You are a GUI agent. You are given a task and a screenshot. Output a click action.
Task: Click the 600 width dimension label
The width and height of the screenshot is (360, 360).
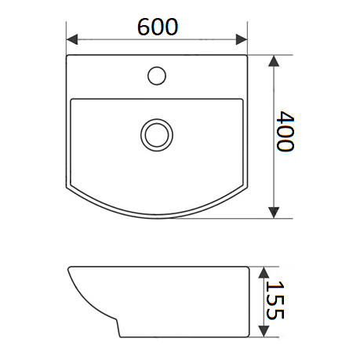(158, 27)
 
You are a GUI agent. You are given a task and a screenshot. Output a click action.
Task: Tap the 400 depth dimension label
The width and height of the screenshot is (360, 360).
(285, 131)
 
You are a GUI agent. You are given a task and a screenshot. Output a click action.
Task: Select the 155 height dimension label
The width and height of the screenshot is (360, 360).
(275, 300)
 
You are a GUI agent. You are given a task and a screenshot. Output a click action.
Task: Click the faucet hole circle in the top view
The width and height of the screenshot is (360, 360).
(157, 75)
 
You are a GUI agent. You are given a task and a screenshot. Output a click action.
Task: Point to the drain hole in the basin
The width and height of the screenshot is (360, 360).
(157, 135)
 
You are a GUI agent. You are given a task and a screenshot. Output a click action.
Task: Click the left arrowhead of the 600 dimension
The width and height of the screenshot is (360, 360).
(72, 39)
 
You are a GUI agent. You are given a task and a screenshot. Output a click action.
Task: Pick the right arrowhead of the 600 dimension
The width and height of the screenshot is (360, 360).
(242, 39)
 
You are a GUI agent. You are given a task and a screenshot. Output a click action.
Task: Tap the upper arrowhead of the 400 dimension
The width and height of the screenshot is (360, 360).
(274, 61)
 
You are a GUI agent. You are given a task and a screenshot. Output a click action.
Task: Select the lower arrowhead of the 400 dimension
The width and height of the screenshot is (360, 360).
(274, 213)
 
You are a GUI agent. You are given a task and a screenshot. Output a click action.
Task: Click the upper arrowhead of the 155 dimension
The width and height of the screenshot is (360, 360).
(264, 272)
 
